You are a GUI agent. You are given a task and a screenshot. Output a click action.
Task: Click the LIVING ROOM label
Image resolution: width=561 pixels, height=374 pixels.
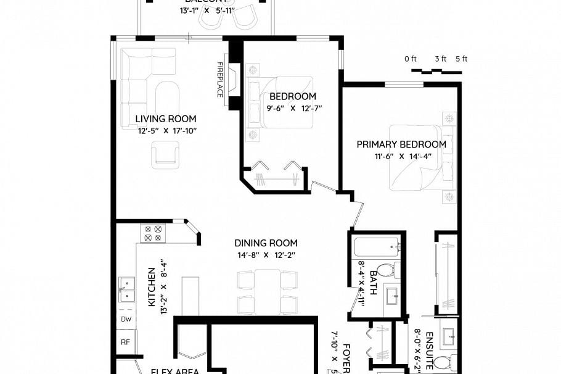click(x=166, y=119)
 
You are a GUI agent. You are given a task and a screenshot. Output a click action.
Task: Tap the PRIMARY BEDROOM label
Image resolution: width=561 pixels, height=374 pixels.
click(x=401, y=144)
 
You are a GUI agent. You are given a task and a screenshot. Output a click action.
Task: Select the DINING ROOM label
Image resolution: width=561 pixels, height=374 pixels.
click(x=266, y=243)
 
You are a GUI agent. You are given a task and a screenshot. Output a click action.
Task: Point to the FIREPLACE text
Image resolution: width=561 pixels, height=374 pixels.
click(x=219, y=79)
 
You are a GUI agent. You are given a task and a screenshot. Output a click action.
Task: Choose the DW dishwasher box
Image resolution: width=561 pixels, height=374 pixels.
click(x=126, y=319)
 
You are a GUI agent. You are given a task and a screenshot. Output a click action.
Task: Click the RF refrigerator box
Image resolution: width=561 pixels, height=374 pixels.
click(x=126, y=341)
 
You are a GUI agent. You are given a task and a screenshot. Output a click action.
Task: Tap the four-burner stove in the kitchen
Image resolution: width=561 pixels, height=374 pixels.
click(x=152, y=233)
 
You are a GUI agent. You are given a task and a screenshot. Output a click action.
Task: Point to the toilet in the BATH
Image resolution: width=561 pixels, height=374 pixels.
click(x=387, y=270)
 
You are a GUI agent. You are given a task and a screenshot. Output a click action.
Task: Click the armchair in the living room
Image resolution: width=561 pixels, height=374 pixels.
click(x=166, y=154)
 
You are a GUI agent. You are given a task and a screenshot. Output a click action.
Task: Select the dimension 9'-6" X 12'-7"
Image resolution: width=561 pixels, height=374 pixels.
click(x=292, y=108)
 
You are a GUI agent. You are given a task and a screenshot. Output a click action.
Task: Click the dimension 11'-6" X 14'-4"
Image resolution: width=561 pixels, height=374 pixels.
click(x=401, y=156)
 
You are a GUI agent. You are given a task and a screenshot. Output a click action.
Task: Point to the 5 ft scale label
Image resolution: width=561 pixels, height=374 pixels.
click(x=461, y=59)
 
